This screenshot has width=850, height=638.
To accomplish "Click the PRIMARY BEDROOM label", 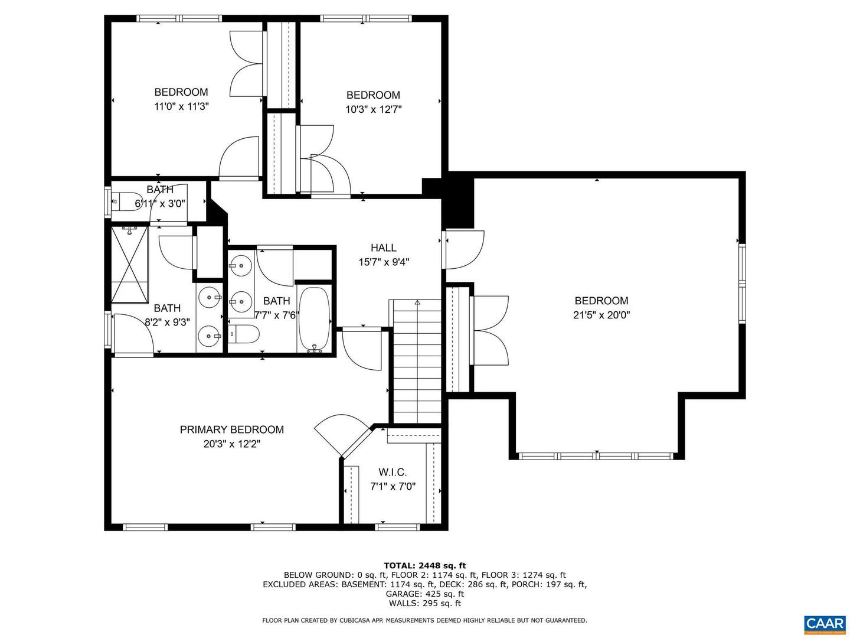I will [231, 429].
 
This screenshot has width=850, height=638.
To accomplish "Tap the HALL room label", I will [383, 248].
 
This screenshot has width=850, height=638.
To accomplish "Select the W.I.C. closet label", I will [393, 472].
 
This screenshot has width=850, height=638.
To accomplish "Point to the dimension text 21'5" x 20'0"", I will [601, 315].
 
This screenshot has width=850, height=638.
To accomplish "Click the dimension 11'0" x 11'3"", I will [181, 106].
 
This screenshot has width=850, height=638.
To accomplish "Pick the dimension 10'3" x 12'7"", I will [373, 109].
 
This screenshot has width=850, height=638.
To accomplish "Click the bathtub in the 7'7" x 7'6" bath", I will [314, 319].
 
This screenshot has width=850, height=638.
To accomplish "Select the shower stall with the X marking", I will [129, 264].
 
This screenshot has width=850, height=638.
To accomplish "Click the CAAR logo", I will [824, 623].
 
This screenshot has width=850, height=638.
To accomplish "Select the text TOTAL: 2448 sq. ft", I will [424, 565].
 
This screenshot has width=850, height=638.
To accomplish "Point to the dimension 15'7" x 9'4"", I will [384, 262].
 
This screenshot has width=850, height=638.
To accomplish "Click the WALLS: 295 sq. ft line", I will [424, 603].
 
